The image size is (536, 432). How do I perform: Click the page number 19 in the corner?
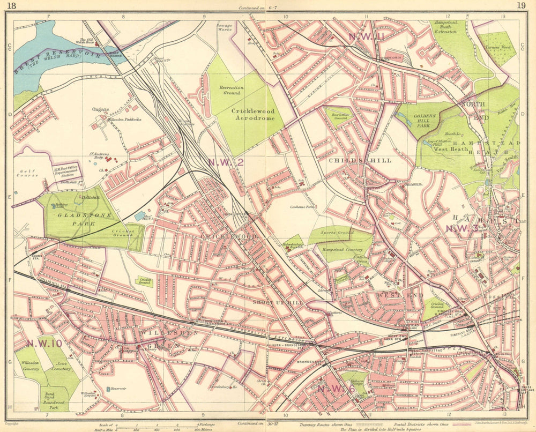coord(521,5)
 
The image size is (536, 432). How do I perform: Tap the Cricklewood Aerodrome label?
coord(252,115)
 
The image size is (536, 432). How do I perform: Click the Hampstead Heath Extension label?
coord(445,27)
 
